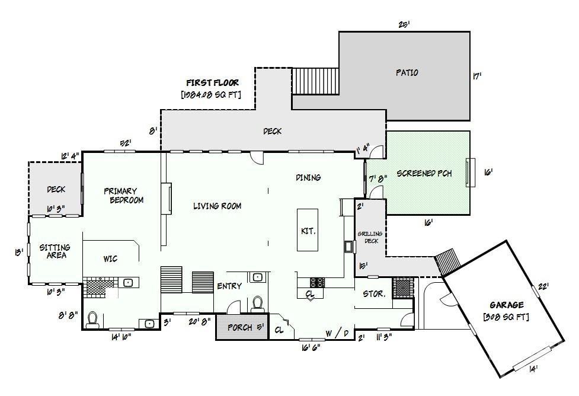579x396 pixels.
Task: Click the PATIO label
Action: click(x=407, y=72)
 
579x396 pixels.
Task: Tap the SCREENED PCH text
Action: click(x=424, y=173)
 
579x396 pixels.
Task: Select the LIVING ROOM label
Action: click(x=217, y=206)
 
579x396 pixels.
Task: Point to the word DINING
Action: click(x=308, y=177)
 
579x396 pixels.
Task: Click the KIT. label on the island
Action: click(x=308, y=231)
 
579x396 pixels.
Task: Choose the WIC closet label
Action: click(x=110, y=258)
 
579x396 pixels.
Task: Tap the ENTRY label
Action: click(x=229, y=286)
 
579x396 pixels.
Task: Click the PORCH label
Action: click(x=240, y=328)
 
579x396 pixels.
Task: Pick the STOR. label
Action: click(x=374, y=293)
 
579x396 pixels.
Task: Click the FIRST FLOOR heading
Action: click(x=212, y=82)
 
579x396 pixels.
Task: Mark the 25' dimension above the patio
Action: click(x=404, y=25)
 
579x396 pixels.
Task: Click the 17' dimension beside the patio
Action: click(x=477, y=76)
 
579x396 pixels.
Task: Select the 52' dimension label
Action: click(x=125, y=143)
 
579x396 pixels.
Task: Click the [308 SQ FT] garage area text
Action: click(x=506, y=317)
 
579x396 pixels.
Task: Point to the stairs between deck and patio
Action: click(x=315, y=81)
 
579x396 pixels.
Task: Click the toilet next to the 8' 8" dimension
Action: click(x=92, y=320)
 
